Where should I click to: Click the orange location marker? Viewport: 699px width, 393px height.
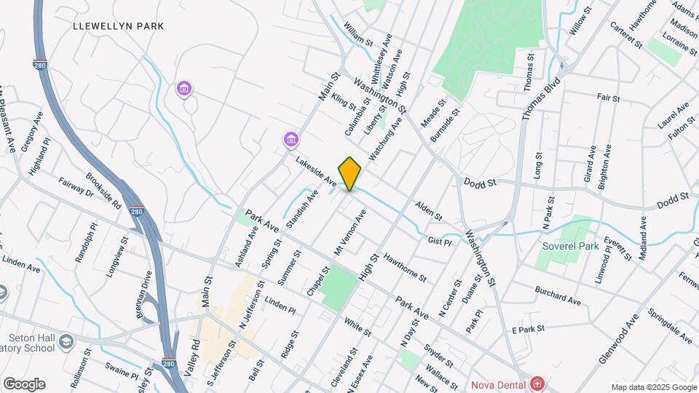coord(349,173)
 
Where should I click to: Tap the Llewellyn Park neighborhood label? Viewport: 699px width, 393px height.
coord(119,26)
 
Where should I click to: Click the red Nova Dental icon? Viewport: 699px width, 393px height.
coord(537,383)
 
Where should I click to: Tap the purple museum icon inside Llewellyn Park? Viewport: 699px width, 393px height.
coord(184,90)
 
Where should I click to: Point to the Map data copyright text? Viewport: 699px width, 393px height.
coord(653,387)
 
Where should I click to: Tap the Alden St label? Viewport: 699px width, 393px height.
coord(428,211)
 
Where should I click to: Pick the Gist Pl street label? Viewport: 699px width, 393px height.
coord(441,239)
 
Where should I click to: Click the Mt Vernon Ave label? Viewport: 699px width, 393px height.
coord(349,231)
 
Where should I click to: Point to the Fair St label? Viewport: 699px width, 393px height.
coord(607,98)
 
